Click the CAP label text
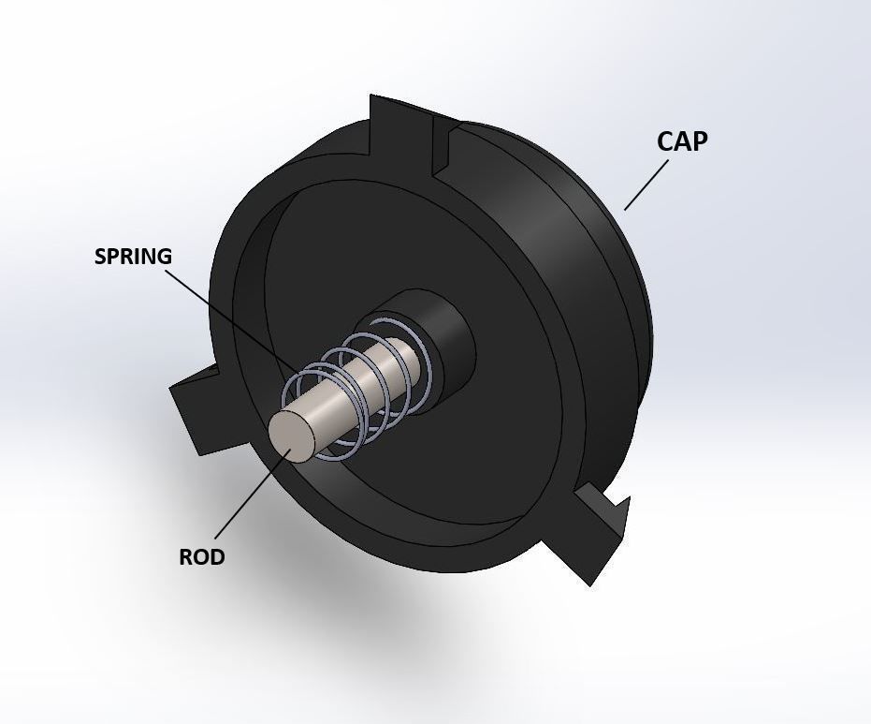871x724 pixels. pos(682,141)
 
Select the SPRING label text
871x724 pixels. pos(133,257)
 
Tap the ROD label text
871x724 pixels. pos(202,557)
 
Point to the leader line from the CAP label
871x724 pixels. pos(646,185)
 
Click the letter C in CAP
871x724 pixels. pos(665,141)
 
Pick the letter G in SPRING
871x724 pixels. pos(165,257)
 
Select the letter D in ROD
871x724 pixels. pos(217,557)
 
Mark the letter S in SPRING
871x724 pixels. pos(101,257)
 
